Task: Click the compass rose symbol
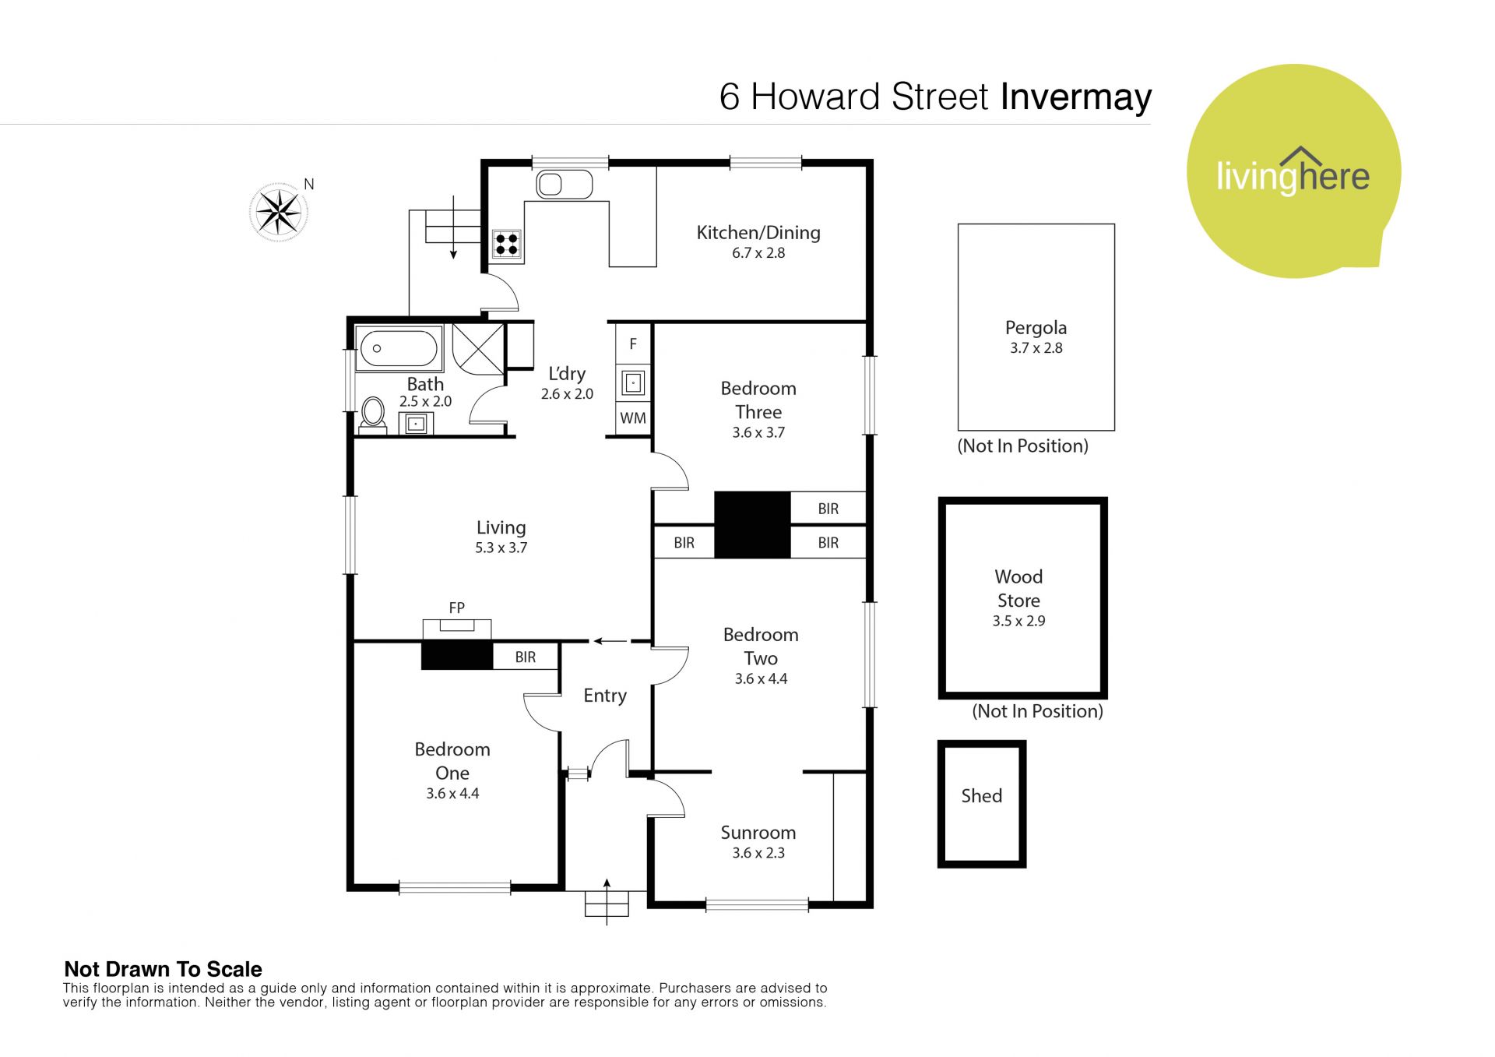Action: tap(279, 212)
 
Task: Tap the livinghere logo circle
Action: tap(1293, 171)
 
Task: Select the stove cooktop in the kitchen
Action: tap(506, 244)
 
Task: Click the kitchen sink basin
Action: tap(564, 185)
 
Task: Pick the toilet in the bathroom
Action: tap(373, 414)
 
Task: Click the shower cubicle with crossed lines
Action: tap(478, 348)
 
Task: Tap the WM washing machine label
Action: tap(633, 418)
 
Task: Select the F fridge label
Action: tap(633, 344)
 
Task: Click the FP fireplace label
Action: tap(457, 608)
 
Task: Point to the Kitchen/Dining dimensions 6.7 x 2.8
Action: tap(758, 253)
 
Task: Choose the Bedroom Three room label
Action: tap(758, 400)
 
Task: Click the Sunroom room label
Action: tap(758, 833)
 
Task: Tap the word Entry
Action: tap(605, 696)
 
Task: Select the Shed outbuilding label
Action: tap(981, 795)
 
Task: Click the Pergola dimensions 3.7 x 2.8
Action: tap(1036, 348)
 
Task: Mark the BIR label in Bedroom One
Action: tap(526, 657)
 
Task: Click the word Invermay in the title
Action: tap(1076, 98)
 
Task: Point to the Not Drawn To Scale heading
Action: tap(163, 969)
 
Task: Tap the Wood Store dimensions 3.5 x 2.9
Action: tap(1018, 621)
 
